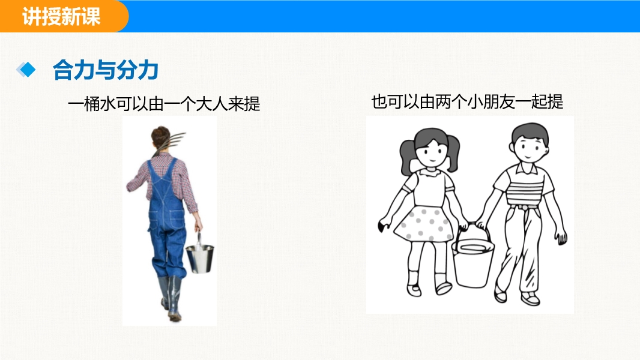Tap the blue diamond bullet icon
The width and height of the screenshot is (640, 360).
point(26,70)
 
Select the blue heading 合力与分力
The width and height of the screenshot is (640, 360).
point(105,70)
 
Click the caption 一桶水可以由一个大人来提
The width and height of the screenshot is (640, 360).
point(164,104)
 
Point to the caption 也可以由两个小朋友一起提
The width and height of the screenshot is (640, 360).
point(467,101)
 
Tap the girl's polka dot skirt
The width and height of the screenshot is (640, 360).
point(423,224)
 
